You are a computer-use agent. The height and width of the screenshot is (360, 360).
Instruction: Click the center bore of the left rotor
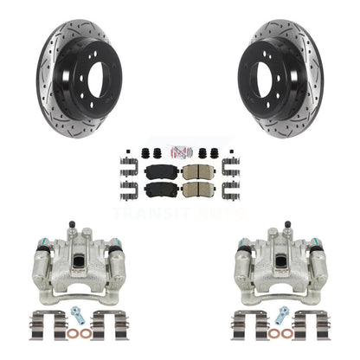(98, 80)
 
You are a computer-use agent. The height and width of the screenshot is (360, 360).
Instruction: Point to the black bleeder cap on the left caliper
(72, 224)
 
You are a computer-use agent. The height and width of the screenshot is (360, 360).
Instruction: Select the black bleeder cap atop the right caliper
(287, 224)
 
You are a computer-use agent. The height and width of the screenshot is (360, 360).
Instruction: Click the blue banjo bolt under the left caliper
(77, 315)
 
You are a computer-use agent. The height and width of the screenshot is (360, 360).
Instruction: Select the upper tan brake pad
(198, 172)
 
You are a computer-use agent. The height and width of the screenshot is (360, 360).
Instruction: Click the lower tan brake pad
(198, 190)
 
